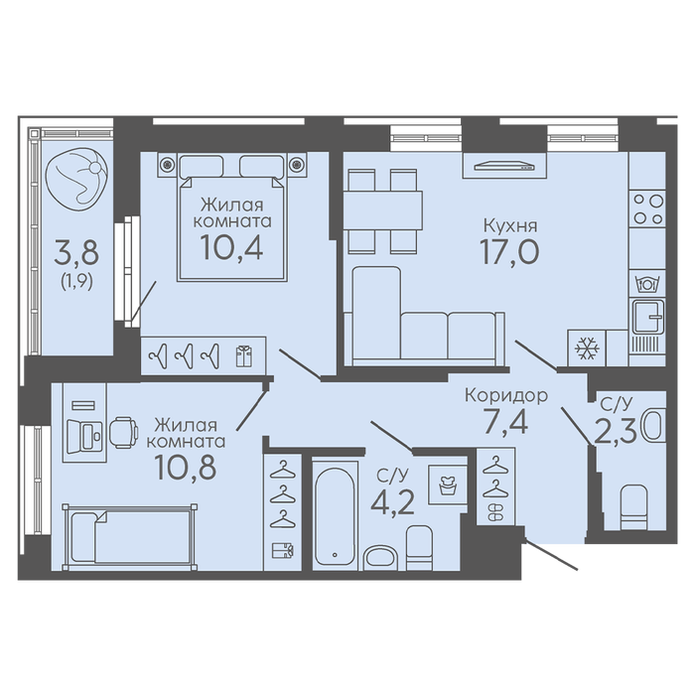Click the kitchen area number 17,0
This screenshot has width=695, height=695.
[x=509, y=251]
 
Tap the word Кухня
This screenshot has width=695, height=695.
[x=510, y=226]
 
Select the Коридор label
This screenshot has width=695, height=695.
[x=506, y=395]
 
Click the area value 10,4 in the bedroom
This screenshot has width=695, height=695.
[x=231, y=246]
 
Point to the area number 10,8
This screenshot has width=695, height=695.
[x=186, y=467]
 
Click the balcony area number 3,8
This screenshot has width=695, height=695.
[x=76, y=253]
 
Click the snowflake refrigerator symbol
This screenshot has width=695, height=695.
[x=587, y=347]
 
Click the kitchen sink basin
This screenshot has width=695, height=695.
[x=648, y=317]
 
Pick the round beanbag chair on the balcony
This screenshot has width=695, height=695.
[x=76, y=180]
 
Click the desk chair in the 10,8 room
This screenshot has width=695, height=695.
[x=123, y=432]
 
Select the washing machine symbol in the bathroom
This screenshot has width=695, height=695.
[x=448, y=485]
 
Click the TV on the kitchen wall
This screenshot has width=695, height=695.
[x=504, y=166]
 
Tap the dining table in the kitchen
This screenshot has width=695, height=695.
[x=383, y=210]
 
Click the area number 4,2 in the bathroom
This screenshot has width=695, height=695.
[x=392, y=501]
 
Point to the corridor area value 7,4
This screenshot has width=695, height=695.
[x=506, y=422]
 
